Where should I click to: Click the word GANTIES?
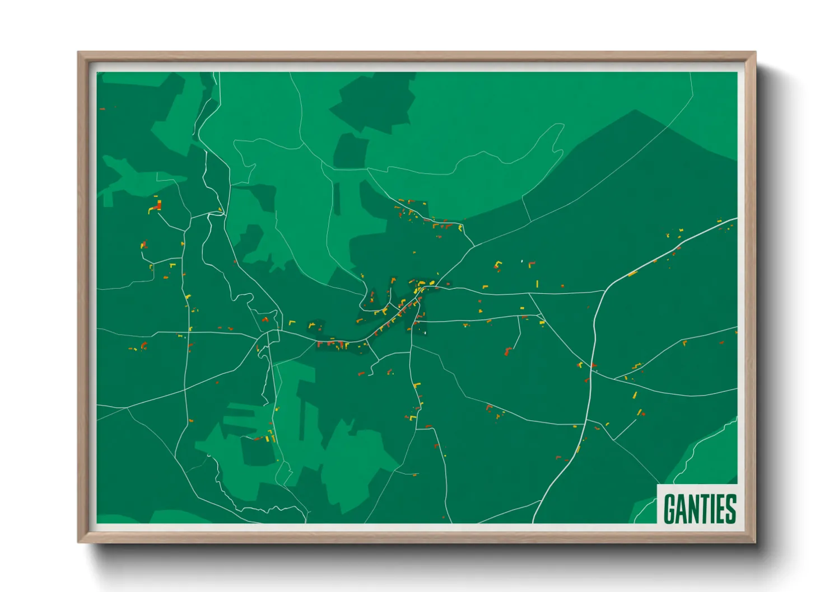(699, 508)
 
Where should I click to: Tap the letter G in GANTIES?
(669, 508)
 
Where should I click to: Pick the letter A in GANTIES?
(681, 508)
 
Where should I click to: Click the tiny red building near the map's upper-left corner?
(102, 109)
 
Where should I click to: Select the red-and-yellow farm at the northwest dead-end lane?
(156, 206)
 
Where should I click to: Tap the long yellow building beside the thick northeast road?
(632, 274)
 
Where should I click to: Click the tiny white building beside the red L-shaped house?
(522, 261)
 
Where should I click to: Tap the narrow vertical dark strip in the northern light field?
(337, 199)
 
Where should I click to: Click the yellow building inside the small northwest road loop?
(220, 210)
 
